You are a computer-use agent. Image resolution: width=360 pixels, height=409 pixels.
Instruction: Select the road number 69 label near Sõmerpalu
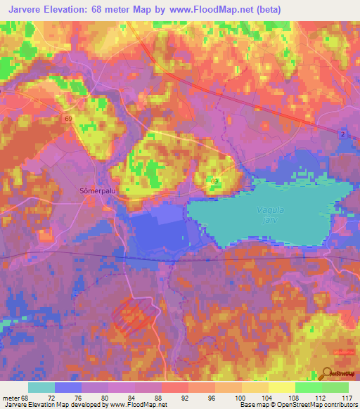(x=68, y=119)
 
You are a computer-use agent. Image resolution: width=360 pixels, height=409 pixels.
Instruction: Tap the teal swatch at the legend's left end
(x=41, y=387)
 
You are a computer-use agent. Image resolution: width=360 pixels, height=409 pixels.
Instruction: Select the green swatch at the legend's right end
(x=335, y=387)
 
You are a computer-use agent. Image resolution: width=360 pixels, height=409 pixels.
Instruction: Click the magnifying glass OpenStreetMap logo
(x=326, y=373)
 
